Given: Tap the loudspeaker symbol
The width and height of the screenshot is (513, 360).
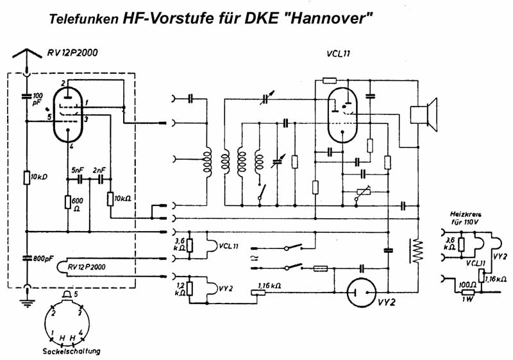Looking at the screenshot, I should pos(423,114).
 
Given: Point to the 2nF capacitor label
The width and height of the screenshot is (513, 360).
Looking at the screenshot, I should pos(99,170).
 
